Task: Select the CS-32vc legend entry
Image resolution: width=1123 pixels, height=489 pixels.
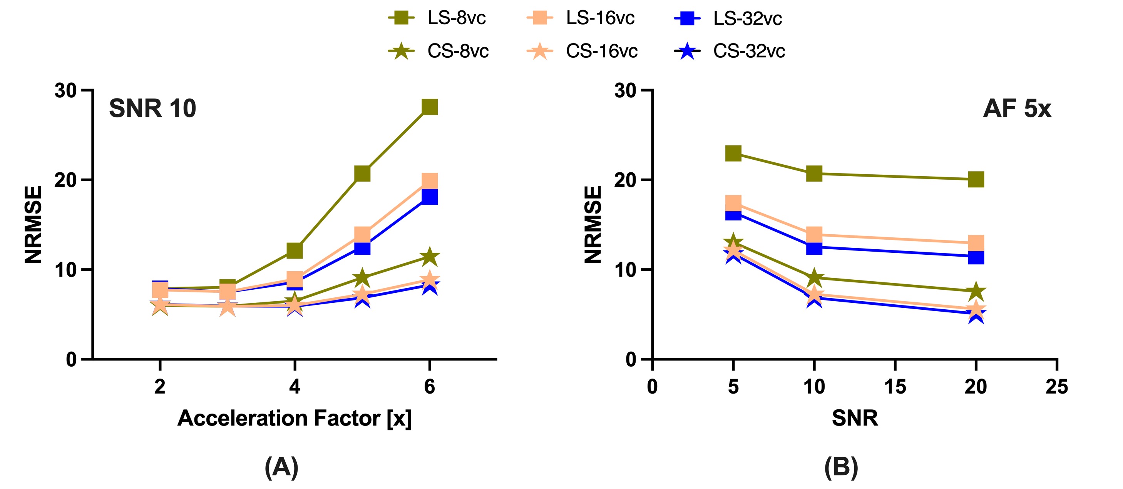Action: (x=729, y=52)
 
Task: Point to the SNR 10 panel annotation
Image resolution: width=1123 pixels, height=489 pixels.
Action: (x=152, y=108)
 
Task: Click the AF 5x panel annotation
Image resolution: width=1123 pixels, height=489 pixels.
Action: (x=1017, y=108)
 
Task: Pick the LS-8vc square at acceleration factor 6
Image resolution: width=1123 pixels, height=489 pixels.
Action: (x=429, y=107)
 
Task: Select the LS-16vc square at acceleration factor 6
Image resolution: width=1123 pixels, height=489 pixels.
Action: (x=429, y=180)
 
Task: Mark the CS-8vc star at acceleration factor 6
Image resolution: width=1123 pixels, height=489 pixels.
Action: (x=429, y=257)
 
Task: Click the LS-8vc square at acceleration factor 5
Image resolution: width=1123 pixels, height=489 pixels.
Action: (x=362, y=174)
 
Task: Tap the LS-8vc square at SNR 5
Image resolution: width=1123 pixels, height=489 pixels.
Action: (x=733, y=154)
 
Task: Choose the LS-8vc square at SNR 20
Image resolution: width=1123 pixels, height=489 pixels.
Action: (x=976, y=179)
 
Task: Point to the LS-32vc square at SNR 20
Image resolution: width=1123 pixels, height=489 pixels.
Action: (x=976, y=257)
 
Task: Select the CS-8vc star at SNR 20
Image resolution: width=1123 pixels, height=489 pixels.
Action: (x=976, y=291)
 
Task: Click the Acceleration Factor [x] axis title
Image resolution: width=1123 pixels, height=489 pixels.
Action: (x=294, y=418)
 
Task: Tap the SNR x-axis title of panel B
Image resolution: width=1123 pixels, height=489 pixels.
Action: (x=854, y=418)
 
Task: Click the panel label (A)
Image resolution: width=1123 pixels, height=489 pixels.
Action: (x=281, y=467)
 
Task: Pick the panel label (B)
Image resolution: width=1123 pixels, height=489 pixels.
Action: (x=841, y=467)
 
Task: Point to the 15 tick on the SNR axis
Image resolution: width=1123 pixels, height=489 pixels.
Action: (x=895, y=387)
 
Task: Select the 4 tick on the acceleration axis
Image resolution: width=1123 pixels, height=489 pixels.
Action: (x=295, y=387)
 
